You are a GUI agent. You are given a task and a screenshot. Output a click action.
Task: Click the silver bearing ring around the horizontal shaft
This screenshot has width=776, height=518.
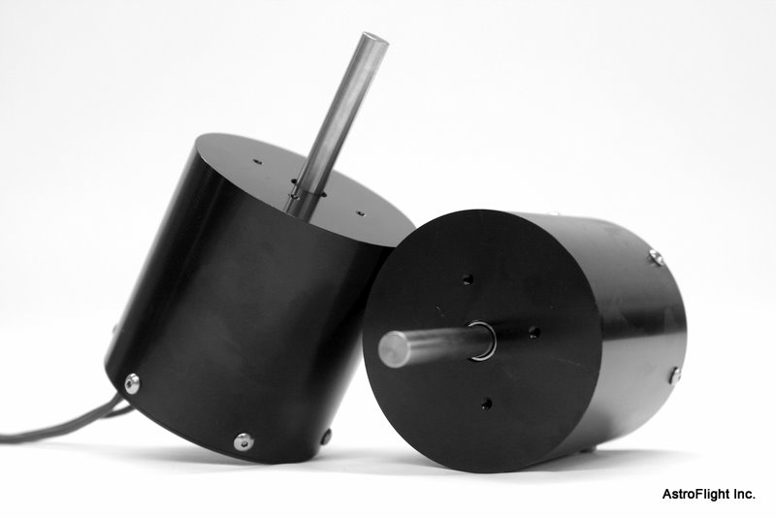482,340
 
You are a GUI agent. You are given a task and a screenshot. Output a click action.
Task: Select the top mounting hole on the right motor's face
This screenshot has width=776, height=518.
468,280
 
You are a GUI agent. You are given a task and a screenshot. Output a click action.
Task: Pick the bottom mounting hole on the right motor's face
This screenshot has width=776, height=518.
486,404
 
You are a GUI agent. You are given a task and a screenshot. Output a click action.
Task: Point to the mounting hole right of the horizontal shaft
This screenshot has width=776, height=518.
534,332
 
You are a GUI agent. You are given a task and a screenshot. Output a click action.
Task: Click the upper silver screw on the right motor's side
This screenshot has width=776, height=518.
656,258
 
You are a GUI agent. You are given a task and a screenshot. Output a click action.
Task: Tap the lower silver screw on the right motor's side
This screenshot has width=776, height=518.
675,375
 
